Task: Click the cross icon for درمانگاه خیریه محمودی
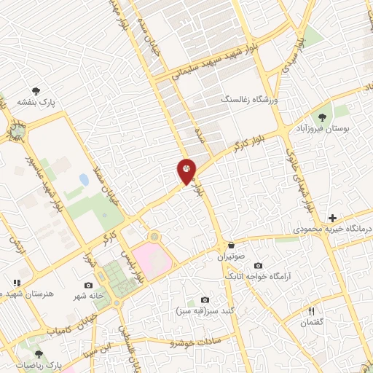point(332,218)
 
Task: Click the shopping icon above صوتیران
point(231,246)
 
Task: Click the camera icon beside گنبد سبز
point(205,300)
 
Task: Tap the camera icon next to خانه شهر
point(88,285)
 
